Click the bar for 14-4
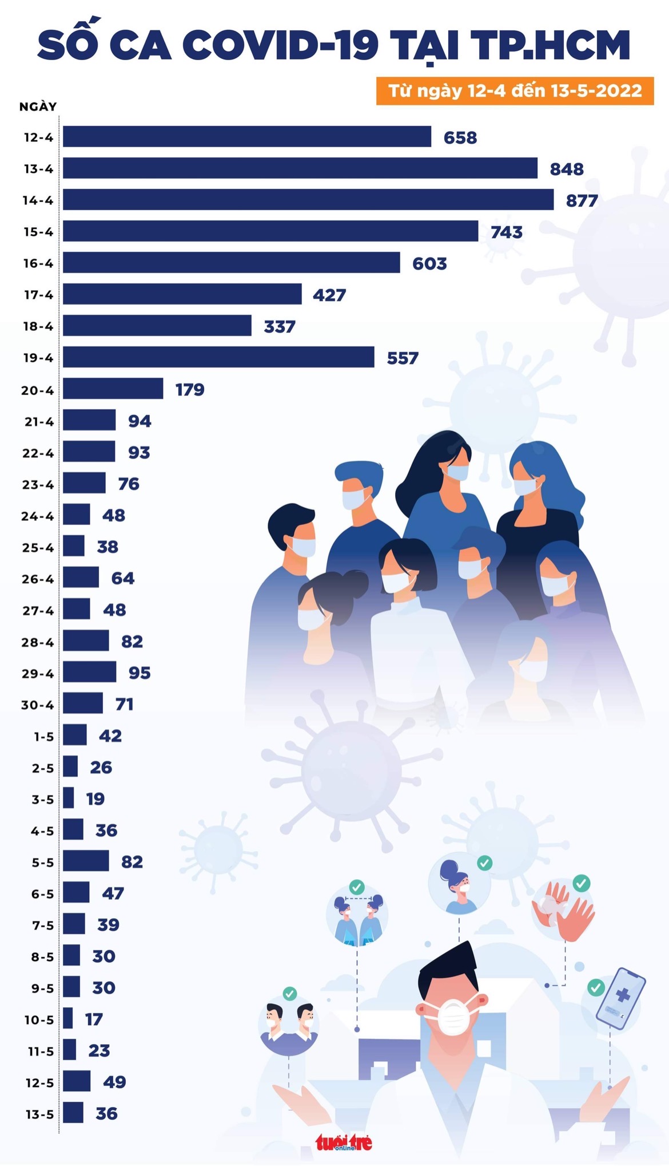click(308, 200)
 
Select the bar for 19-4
click(218, 357)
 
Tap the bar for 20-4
click(113, 389)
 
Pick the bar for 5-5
click(86, 861)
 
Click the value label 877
click(582, 201)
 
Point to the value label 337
click(280, 327)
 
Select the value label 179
click(190, 390)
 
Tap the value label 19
click(95, 799)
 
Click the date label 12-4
click(38, 137)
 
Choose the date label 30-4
click(38, 705)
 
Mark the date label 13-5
click(39, 1114)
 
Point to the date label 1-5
click(43, 737)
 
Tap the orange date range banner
click(515, 91)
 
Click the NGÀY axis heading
click(38, 107)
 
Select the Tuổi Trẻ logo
click(344, 1143)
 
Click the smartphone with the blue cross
click(620, 998)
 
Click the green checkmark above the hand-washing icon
click(582, 883)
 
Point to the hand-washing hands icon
click(563, 911)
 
